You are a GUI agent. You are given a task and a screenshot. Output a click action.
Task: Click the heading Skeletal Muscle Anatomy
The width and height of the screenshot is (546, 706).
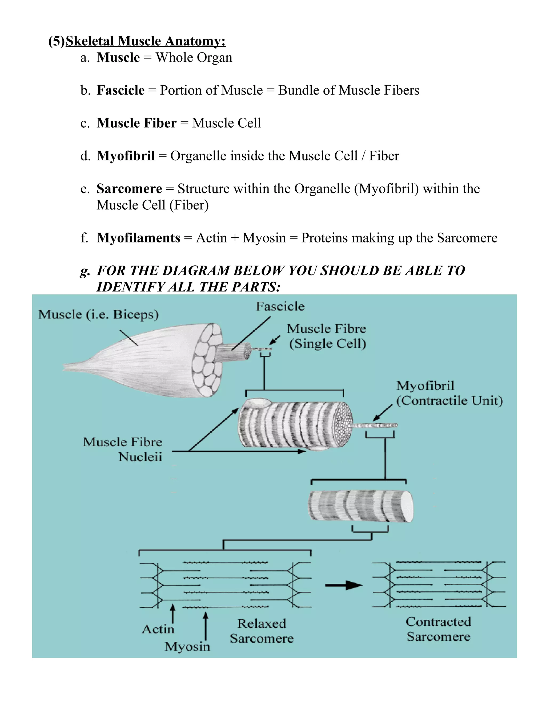tap(145, 41)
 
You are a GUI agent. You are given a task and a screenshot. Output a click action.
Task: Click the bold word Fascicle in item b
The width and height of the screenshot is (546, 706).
tap(121, 90)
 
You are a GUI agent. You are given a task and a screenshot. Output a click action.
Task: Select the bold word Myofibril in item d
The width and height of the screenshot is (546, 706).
tap(126, 156)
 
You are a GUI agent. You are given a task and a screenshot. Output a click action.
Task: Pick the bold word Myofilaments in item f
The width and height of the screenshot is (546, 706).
tap(138, 238)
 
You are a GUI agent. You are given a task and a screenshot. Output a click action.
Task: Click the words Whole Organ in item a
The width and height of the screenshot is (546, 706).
tap(194, 58)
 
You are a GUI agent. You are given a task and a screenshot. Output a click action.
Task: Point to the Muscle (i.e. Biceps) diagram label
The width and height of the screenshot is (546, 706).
tap(98, 314)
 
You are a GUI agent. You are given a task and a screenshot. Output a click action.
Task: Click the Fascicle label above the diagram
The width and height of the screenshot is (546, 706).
tap(280, 306)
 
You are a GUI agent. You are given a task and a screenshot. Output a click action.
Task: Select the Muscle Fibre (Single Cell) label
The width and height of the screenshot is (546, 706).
tap(327, 336)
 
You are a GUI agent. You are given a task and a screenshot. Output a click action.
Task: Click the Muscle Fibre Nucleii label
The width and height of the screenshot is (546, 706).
tap(123, 449)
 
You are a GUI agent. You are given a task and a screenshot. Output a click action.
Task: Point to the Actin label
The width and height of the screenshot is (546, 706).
tap(158, 629)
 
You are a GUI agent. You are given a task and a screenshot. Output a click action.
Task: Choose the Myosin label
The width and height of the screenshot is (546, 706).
tap(187, 646)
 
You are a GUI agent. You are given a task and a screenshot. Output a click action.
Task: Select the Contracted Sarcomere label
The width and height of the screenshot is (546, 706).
tap(438, 629)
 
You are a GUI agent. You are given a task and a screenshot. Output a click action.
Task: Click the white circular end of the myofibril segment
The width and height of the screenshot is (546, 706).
tap(407, 506)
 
